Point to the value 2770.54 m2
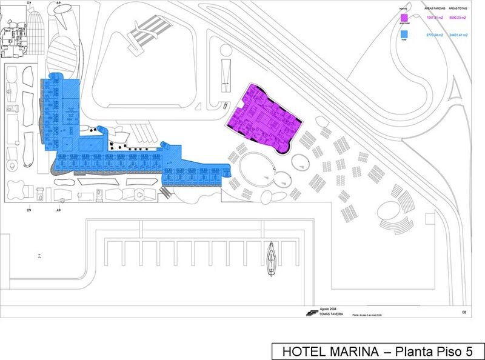[x=435, y=35]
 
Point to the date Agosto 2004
[x=328, y=308]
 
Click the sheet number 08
[x=464, y=312]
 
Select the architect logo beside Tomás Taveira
[x=311, y=313]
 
